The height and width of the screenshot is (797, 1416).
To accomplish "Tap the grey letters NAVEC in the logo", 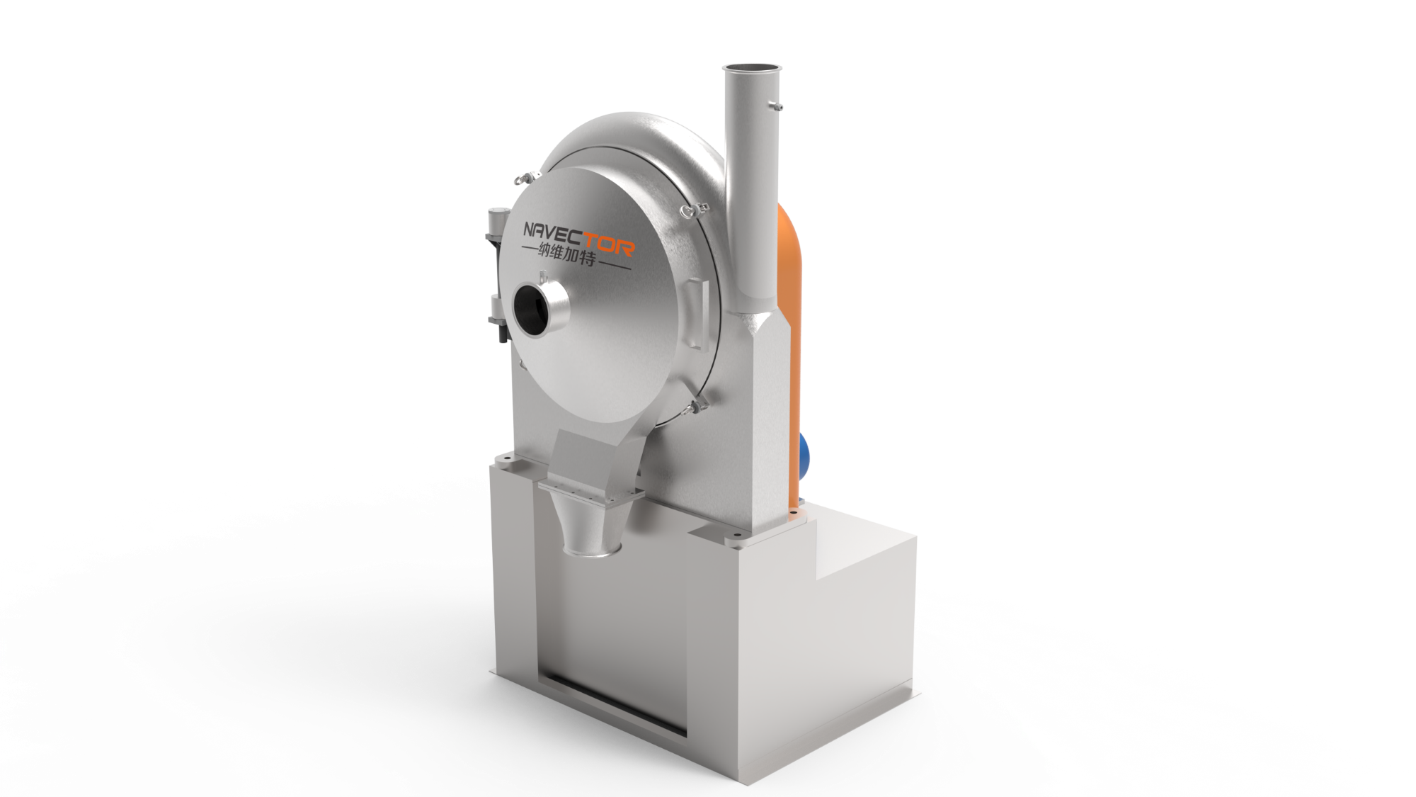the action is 551,233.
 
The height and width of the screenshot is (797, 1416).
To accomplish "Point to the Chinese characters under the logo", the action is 566,254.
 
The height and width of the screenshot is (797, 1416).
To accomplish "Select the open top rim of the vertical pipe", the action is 752,69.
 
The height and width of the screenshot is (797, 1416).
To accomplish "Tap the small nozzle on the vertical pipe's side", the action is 775,106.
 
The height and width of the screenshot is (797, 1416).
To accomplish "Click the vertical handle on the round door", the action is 697,315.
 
